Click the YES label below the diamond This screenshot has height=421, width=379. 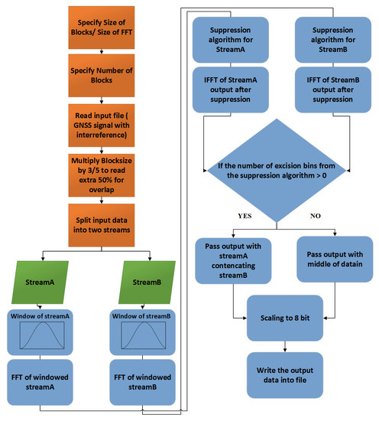[x=247, y=217]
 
